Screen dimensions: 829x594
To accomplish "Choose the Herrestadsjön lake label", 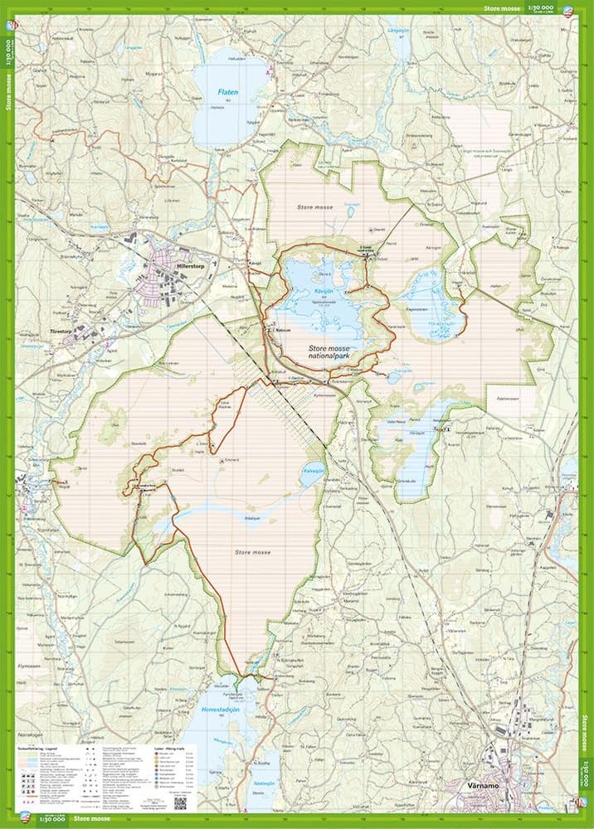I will tap(225, 710).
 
